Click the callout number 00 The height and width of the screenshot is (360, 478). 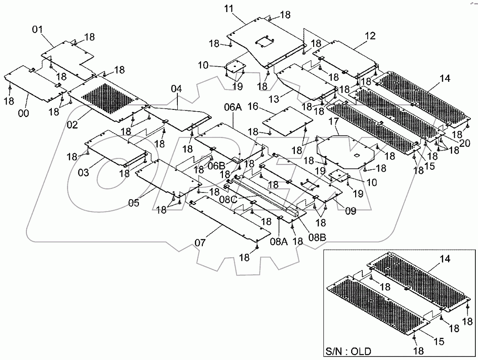23,113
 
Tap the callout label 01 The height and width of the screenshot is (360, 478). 37,30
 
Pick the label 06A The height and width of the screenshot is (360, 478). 233,107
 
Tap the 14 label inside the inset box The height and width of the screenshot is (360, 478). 432,258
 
